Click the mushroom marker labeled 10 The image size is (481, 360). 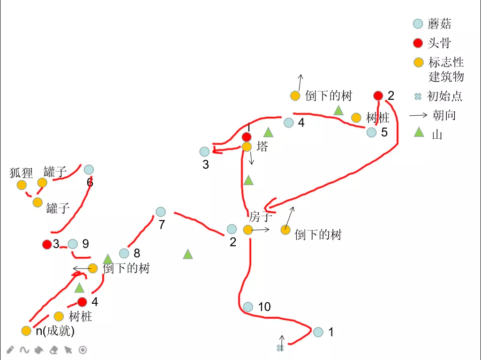[x=248, y=307]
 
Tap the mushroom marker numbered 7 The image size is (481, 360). [x=161, y=212]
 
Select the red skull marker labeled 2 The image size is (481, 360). [x=378, y=96]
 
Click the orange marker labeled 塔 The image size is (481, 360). [x=247, y=147]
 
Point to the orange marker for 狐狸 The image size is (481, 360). [x=22, y=185]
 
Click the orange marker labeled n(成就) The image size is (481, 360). [x=26, y=331]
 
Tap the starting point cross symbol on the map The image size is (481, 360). [x=280, y=348]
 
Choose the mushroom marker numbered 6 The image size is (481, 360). [x=89, y=170]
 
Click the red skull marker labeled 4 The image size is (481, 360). [x=82, y=302]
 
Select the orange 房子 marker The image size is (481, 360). [x=248, y=230]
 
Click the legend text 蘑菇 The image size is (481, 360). [x=439, y=23]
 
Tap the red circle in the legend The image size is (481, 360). [x=418, y=44]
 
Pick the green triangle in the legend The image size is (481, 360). [x=419, y=133]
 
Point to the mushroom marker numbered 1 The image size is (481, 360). [x=318, y=332]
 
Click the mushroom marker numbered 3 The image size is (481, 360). [x=204, y=152]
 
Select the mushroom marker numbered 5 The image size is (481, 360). [x=371, y=133]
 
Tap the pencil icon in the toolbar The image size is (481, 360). [x=10, y=350]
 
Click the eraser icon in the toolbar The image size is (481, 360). [x=53, y=350]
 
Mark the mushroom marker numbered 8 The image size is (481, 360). [x=124, y=253]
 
